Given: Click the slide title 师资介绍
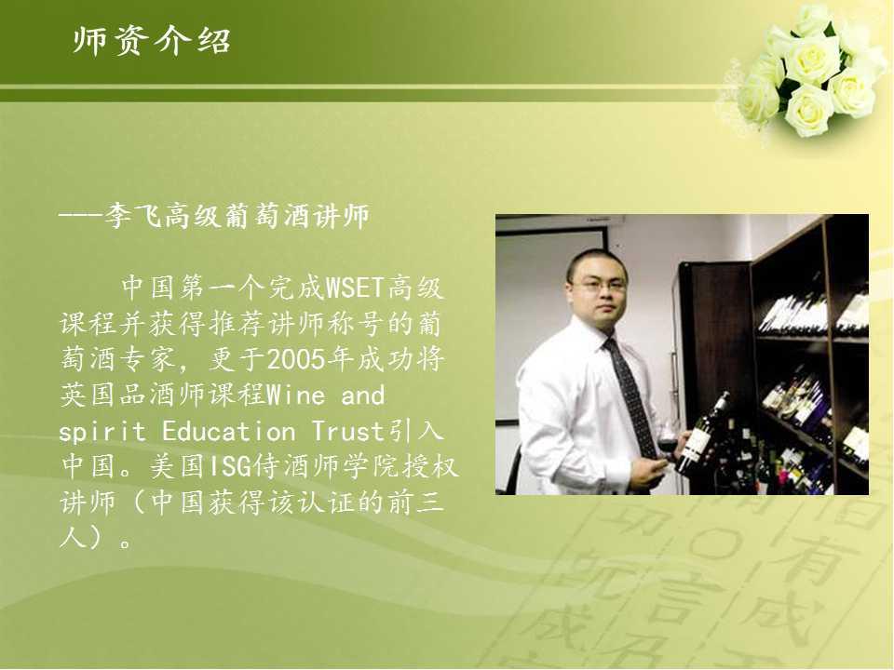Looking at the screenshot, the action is [x=151, y=41].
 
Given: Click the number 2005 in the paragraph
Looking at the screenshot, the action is [x=296, y=359].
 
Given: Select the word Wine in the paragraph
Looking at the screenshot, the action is [x=296, y=395].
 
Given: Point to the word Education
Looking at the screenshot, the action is [x=229, y=431].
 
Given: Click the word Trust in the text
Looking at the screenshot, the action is [x=348, y=431].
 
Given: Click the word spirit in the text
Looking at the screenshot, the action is [x=102, y=432].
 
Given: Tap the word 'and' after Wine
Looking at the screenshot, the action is [x=362, y=395].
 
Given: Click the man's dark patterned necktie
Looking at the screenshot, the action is [x=630, y=393].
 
